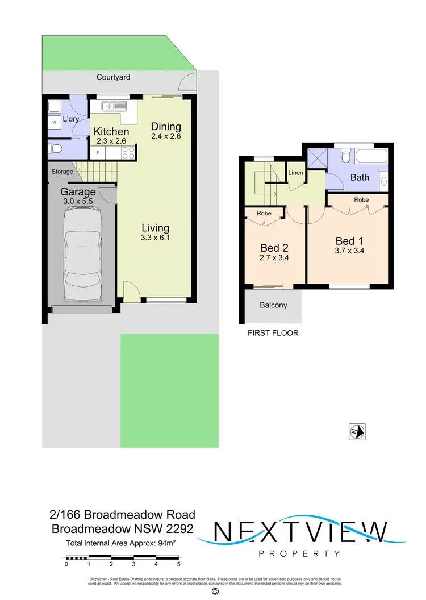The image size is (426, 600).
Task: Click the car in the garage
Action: coord(82,256)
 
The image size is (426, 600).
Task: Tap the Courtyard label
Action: coord(114,77)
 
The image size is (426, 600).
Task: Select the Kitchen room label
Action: coord(111,131)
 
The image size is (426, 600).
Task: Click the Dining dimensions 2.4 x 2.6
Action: coord(166,137)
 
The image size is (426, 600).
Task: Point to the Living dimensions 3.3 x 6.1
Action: coord(156,238)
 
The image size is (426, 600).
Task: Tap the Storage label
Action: coord(62,172)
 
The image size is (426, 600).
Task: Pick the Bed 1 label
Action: coord(349,241)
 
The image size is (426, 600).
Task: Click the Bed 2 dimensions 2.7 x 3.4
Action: coord(274,257)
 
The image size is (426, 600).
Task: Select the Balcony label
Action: coord(273,305)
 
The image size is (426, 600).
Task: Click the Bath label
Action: coord(360,177)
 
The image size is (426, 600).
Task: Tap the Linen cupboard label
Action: coord(295,172)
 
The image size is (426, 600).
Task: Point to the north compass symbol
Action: coord(357,432)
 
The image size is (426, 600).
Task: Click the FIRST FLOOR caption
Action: coord(273,333)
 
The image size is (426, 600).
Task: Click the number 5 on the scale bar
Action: coord(178,564)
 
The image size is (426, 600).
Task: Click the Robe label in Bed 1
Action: coord(361,200)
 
